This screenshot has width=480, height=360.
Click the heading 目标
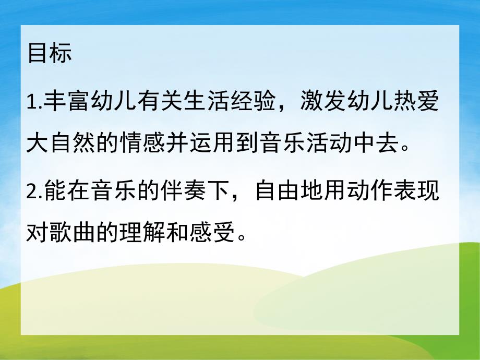[50, 54]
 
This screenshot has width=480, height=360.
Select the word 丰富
[64, 101]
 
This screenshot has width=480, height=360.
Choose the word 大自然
[61, 139]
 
